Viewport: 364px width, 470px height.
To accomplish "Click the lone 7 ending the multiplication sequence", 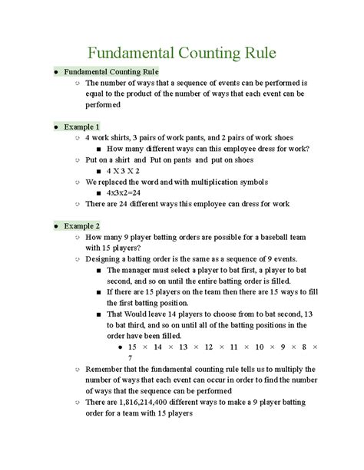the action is tap(131, 357).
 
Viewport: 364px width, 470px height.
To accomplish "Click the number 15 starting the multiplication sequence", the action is tap(134, 347).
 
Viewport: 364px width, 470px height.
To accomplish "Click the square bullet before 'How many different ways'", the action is tap(100, 148).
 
